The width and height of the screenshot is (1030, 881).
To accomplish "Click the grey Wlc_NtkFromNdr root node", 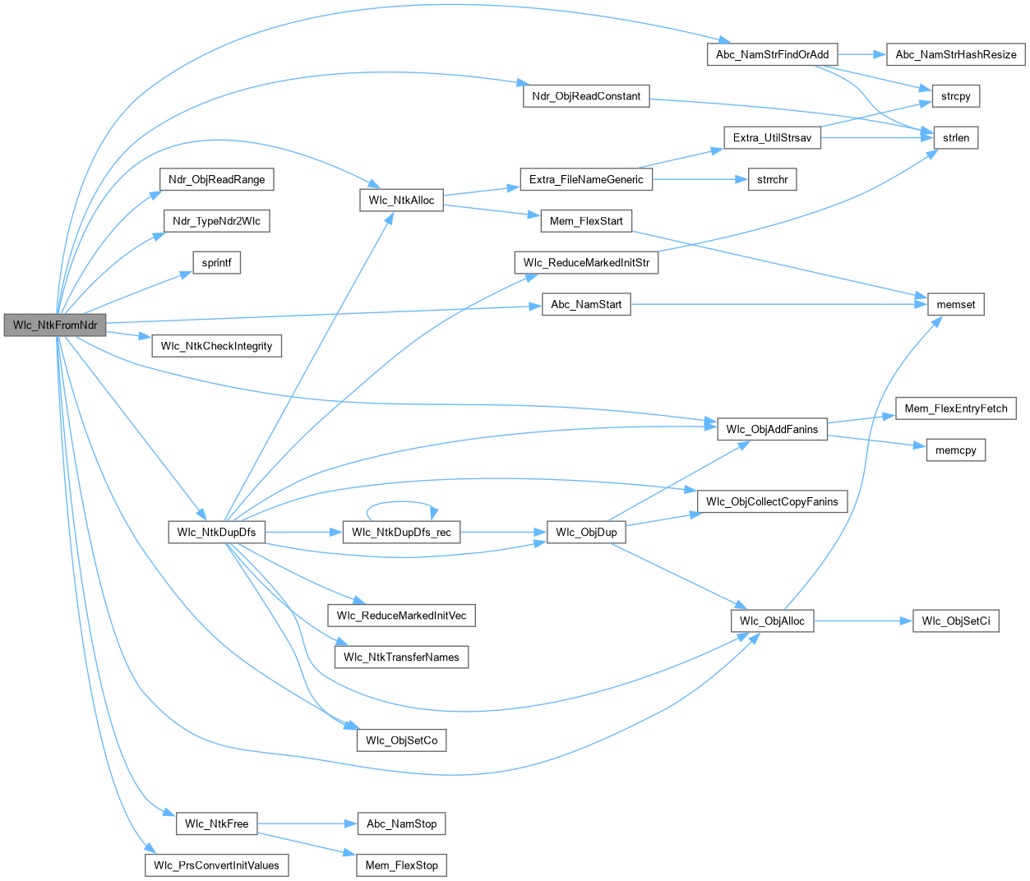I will click(54, 325).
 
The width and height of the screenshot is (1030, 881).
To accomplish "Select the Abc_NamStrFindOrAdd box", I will click(772, 55).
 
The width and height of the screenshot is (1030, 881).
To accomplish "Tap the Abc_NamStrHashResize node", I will click(956, 55).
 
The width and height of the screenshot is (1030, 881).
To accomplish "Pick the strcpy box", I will click(955, 96).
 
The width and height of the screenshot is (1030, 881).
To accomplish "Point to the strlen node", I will click(955, 138).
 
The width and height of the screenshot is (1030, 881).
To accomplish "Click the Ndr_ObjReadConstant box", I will click(586, 96).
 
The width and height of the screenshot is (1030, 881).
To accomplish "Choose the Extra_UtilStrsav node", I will click(772, 138).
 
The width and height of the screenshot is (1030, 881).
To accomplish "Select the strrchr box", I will click(772, 180).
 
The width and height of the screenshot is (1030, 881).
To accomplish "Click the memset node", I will click(955, 305).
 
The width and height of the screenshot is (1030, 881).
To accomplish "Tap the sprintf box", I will click(216, 263).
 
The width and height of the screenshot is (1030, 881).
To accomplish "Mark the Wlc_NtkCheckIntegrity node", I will click(216, 346).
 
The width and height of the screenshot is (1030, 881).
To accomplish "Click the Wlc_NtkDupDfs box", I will click(216, 533).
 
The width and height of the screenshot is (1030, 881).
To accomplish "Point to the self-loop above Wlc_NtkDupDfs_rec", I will click(401, 503).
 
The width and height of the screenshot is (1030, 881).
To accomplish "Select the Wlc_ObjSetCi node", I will click(955, 621).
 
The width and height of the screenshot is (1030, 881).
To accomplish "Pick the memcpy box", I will click(955, 450).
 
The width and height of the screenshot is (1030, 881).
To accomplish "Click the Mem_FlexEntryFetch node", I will click(955, 408).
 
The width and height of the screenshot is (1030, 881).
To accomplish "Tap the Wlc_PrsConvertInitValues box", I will click(216, 865).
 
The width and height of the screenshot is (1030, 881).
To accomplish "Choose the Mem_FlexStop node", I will click(401, 865).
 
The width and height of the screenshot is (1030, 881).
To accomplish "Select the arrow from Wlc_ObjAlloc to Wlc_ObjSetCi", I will click(863, 621).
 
